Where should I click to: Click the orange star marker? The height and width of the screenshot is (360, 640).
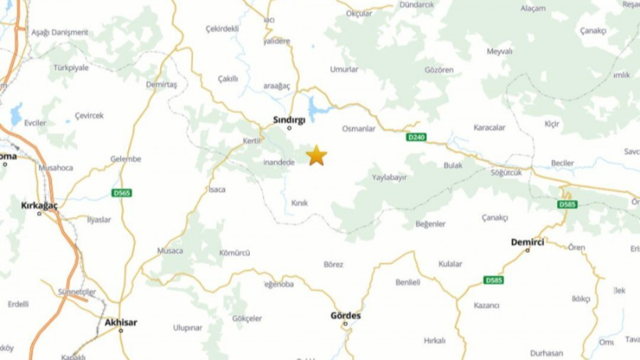pos(317,155)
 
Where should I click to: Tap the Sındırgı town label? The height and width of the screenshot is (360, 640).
pos(289,118)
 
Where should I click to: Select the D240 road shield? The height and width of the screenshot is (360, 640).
pos(416,138)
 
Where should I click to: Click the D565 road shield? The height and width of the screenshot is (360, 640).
pos(122,193)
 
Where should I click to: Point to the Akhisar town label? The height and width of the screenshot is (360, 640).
pos(121,322)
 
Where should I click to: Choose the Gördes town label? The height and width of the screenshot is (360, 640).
pos(346,315)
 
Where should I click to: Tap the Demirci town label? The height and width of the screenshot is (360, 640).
pos(528,241)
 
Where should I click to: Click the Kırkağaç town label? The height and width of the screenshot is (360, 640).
pos(40,205)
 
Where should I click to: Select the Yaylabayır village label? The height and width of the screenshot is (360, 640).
pos(390,177)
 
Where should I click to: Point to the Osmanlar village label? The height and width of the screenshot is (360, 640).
pos(358,129)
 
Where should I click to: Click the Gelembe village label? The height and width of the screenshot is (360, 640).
pos(126,158)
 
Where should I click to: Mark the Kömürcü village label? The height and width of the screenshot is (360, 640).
pos(234,253)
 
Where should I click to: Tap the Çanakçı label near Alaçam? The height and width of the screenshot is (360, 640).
pos(593,30)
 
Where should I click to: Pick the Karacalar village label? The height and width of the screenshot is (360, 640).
pos(489,127)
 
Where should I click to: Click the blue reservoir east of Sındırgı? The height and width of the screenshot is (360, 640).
pos(318,108)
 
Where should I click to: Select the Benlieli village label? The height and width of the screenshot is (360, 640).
pos(413,282)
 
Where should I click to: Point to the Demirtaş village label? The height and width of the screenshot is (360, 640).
pos(162,84)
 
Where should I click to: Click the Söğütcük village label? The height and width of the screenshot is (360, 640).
pos(506,172)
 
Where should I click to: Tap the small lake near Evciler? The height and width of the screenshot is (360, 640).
pos(16,114)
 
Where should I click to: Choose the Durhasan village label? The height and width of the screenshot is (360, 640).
pos(546,353)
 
